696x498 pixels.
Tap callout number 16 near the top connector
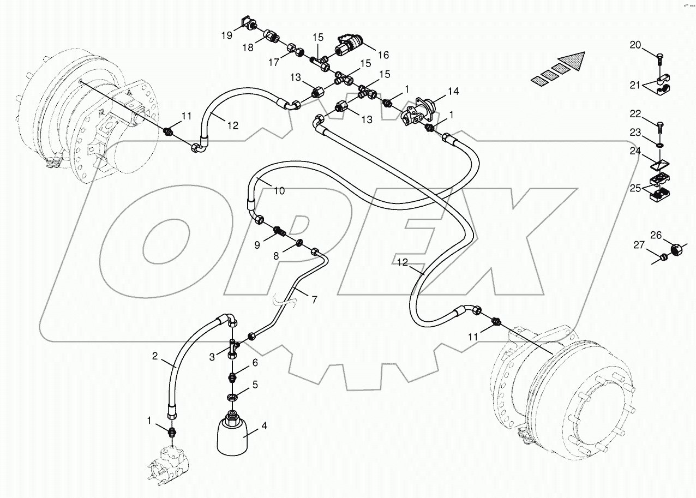pos(382,55)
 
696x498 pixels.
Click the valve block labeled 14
pos(419,111)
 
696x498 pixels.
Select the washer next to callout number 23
pos(660,146)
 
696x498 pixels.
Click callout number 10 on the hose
pos(279,191)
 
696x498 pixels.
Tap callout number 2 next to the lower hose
pos(155,357)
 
